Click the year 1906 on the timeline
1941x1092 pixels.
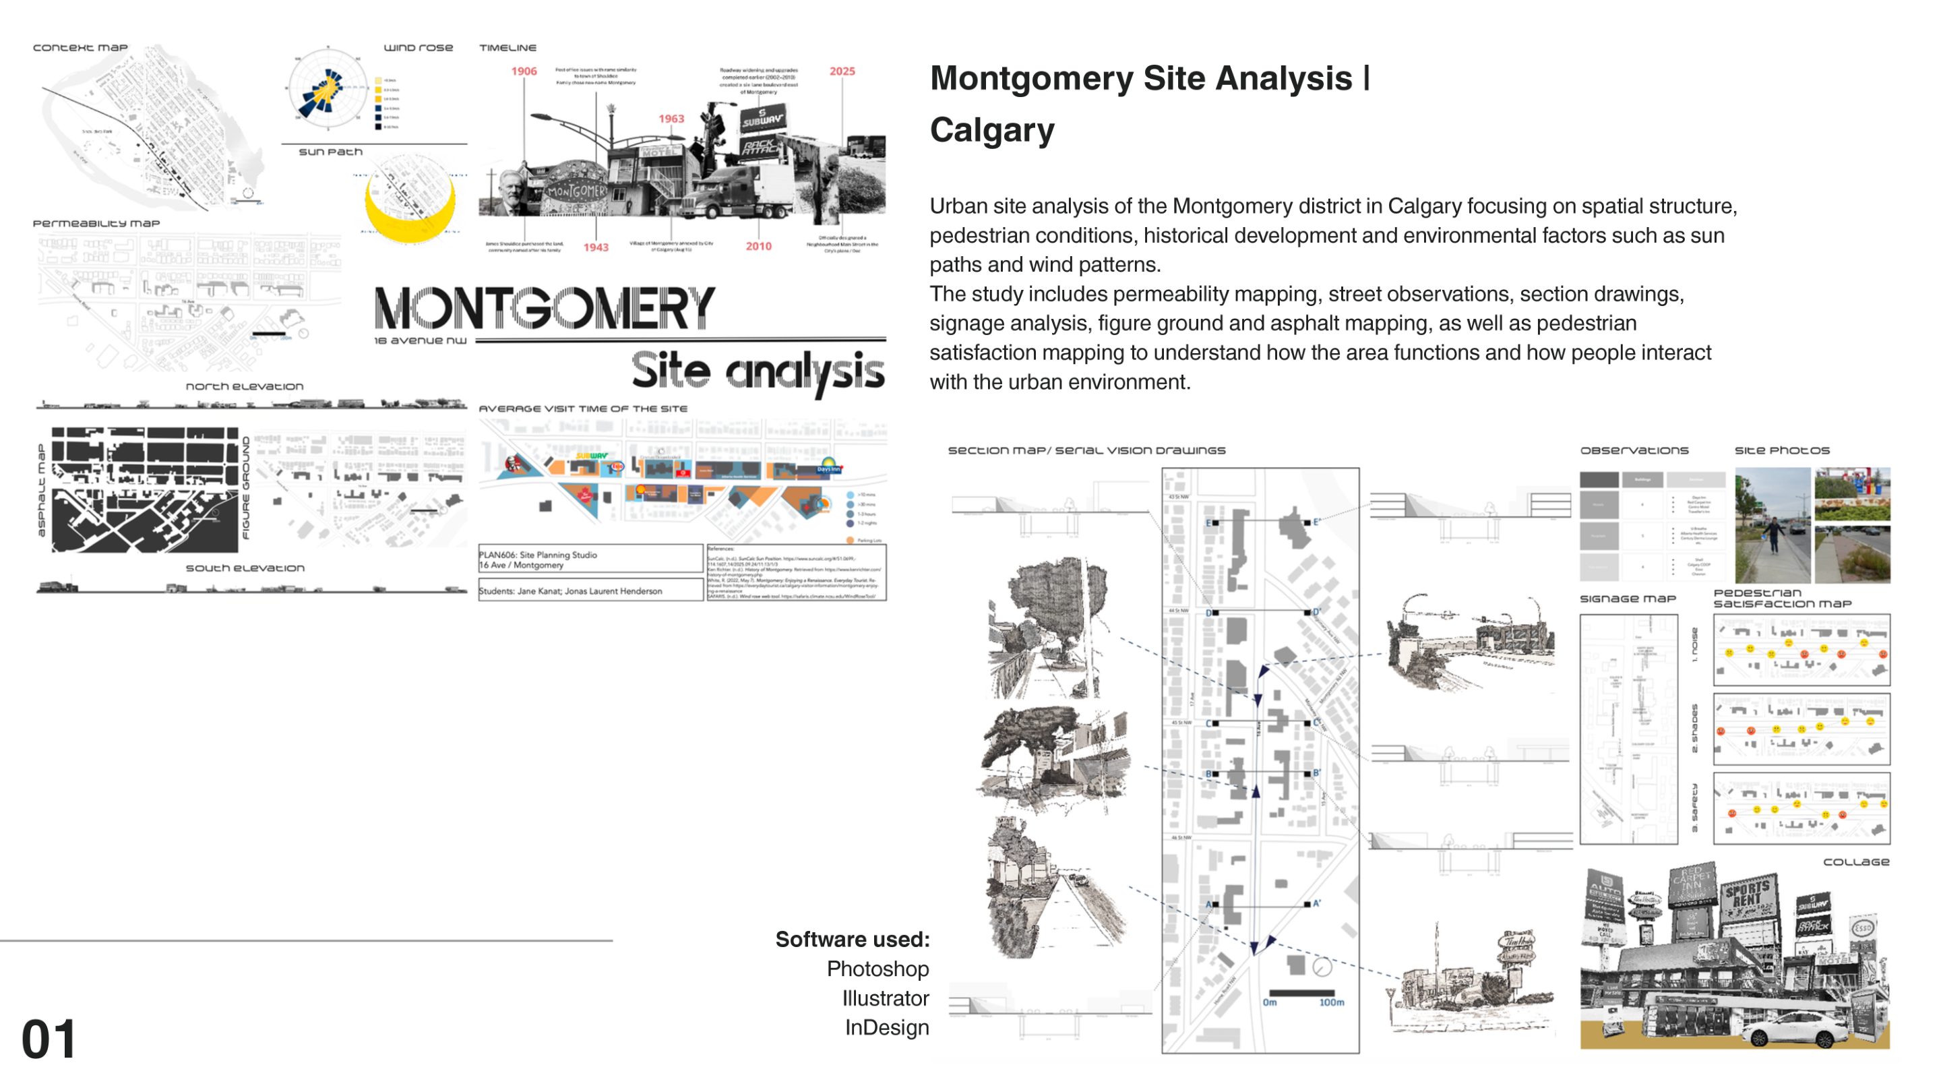point(524,71)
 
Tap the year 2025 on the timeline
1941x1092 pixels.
point(842,71)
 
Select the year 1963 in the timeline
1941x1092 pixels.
point(671,119)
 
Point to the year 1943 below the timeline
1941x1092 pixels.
point(595,247)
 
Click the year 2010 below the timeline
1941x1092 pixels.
point(758,247)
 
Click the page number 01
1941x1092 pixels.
point(49,1039)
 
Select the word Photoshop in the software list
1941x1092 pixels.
point(877,969)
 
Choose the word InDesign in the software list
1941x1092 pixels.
point(886,1027)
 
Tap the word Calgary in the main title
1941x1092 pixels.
point(991,129)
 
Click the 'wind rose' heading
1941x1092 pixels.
point(418,47)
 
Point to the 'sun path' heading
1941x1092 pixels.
point(330,152)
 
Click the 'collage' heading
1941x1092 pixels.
point(1855,861)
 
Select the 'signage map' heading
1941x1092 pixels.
point(1628,599)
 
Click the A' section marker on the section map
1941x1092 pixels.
point(1316,903)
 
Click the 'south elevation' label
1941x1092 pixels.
point(245,568)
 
